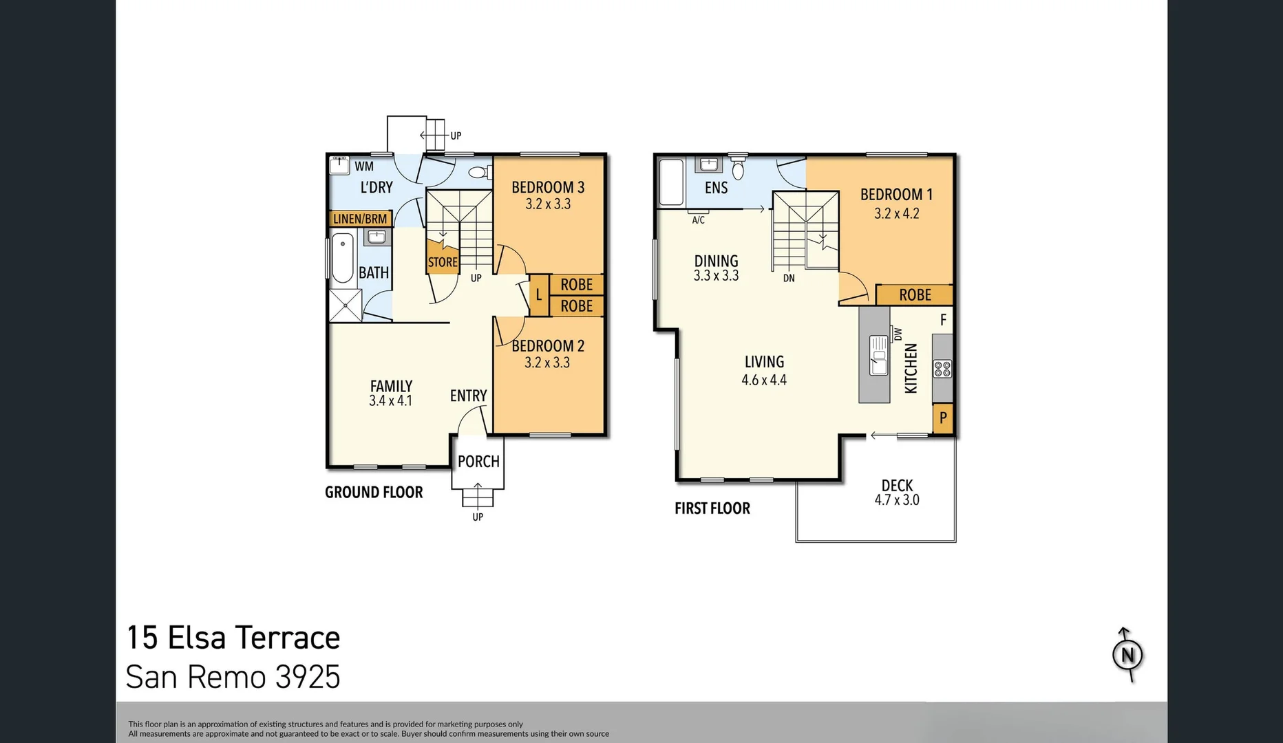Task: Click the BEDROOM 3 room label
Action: point(548,187)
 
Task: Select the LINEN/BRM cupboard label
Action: point(360,219)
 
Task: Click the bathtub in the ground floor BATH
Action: point(342,258)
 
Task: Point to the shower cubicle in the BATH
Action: point(345,305)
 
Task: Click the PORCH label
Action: point(478,462)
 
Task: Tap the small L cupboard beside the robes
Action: point(539,295)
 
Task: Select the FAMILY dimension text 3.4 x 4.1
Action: point(390,401)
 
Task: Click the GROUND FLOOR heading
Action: point(374,493)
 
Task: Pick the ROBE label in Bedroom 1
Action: point(915,295)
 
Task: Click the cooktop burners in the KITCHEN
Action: point(942,369)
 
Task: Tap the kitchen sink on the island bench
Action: point(878,355)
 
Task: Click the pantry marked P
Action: point(943,418)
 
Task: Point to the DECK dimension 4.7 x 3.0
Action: point(897,501)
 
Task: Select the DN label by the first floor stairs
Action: point(789,279)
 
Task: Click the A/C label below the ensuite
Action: point(698,220)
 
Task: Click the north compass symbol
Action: point(1127,655)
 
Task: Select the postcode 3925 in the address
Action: point(308,677)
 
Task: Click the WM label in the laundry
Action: point(364,166)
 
